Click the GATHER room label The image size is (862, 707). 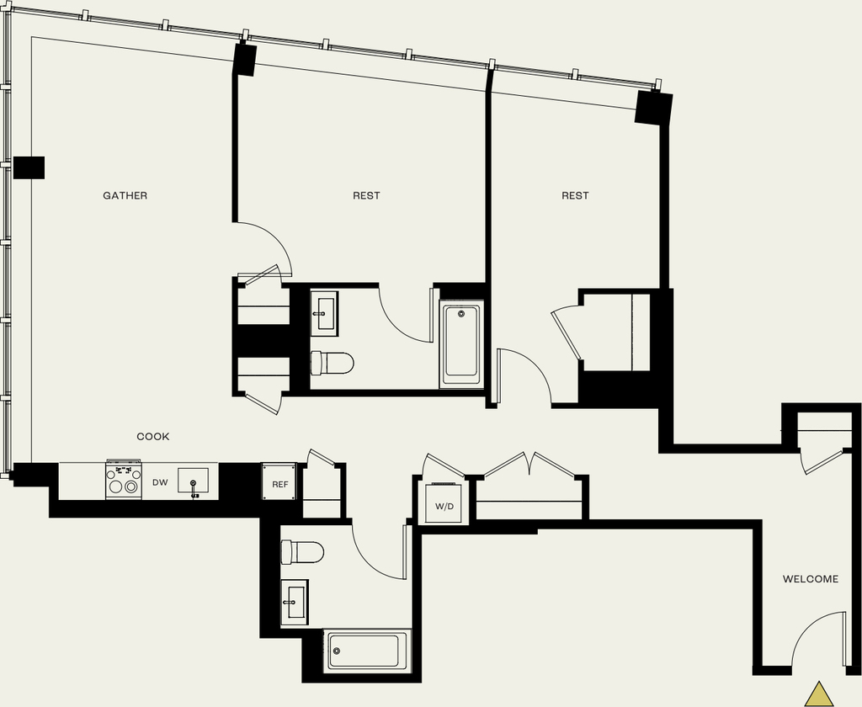(x=125, y=196)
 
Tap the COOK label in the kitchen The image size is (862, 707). (x=153, y=437)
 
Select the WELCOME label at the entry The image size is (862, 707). (x=811, y=579)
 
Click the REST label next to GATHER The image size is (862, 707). (x=366, y=196)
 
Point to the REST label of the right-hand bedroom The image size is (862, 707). (x=575, y=196)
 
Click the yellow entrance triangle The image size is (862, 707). (x=819, y=695)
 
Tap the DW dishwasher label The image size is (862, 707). (x=160, y=482)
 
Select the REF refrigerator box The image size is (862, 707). (x=279, y=481)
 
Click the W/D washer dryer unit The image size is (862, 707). (x=444, y=503)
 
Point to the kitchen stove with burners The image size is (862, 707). (x=124, y=480)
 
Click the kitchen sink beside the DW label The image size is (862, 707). (x=193, y=481)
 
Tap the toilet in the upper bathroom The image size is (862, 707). (x=332, y=363)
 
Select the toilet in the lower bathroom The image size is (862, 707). (x=302, y=552)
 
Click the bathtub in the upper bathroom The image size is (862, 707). (x=461, y=344)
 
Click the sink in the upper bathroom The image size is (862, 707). (x=324, y=313)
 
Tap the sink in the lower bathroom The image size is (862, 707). (x=294, y=602)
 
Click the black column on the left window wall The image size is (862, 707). (x=29, y=167)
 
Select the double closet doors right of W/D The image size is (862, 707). (x=529, y=465)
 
